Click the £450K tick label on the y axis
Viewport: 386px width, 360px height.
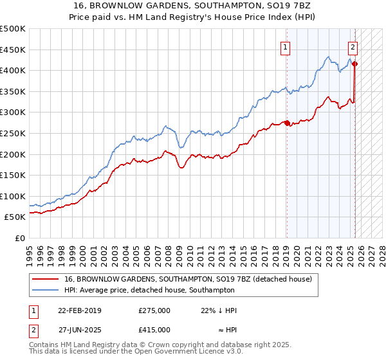pos(13,50)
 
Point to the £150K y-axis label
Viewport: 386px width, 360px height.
pos(13,175)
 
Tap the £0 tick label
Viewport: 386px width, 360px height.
pos(20,238)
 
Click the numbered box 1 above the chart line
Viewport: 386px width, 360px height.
pos(284,46)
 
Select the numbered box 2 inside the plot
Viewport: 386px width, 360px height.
pos(353,46)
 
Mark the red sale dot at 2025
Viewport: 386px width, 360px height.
pos(354,64)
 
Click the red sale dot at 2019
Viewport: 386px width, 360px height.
pos(287,122)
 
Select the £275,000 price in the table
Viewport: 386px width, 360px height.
pos(154,310)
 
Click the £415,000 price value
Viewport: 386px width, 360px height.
pos(154,329)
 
